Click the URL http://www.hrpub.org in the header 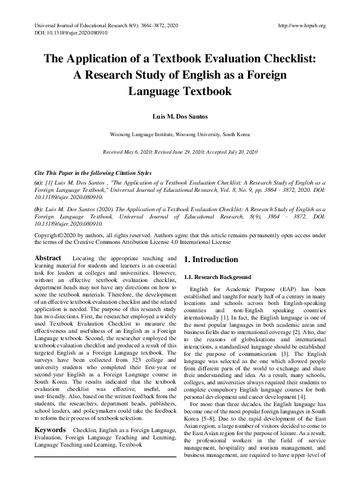pos(301,26)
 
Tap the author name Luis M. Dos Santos pos(180,115)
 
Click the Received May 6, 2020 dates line pos(180,152)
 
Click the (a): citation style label pos(39,182)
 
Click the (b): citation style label pos(39,208)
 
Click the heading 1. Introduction pos(211,260)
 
